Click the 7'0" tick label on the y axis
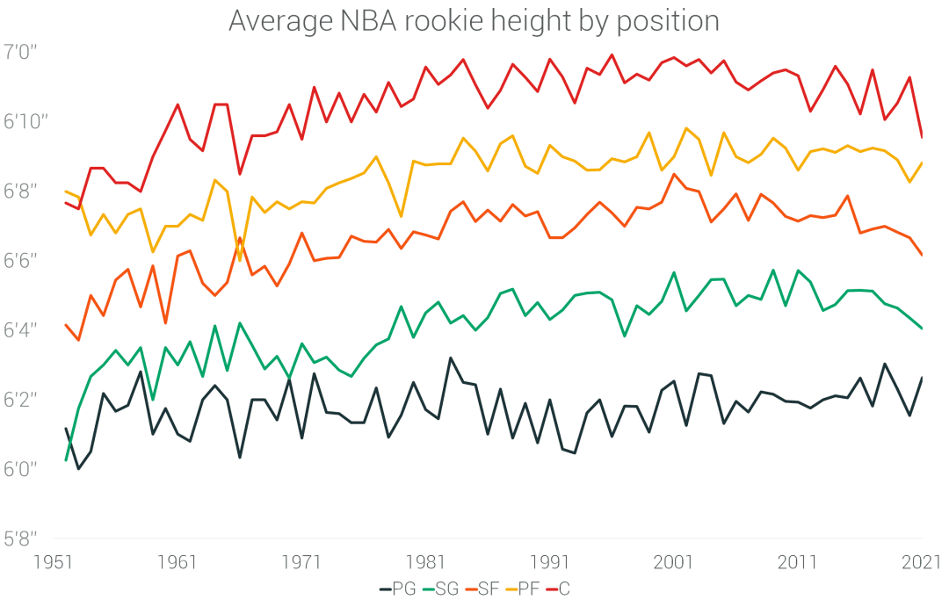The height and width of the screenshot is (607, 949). (21, 52)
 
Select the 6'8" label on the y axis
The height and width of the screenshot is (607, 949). (21, 191)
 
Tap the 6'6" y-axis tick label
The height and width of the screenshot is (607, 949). (21, 260)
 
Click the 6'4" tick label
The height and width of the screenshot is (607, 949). (21, 329)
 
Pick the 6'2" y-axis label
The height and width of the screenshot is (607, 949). (21, 400)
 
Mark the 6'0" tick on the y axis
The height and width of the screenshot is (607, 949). (21, 469)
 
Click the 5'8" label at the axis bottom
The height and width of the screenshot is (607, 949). (21, 538)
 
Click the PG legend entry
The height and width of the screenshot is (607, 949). (397, 589)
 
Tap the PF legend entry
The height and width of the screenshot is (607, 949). (525, 589)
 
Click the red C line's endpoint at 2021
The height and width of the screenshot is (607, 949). (922, 137)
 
